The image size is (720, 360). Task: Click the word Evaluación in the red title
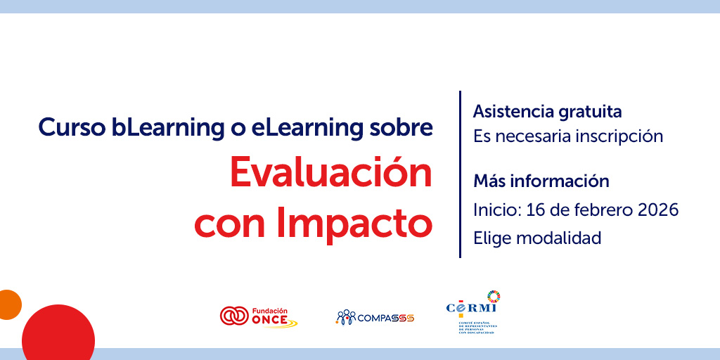point(331,174)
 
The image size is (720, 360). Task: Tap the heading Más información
point(541,181)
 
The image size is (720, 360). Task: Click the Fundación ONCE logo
point(258,316)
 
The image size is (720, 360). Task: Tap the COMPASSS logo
point(375,317)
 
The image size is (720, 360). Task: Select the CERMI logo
point(472,313)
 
